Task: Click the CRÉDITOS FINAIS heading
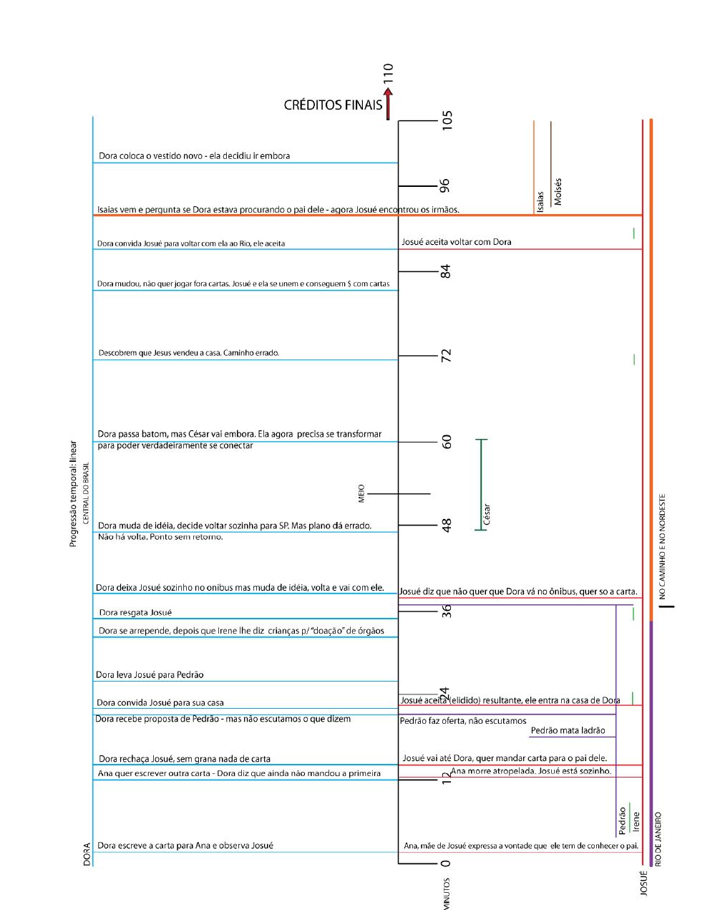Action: pyautogui.click(x=333, y=105)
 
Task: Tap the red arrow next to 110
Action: pyautogui.click(x=388, y=104)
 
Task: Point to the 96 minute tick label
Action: pyautogui.click(x=444, y=185)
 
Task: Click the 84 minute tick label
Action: pyautogui.click(x=446, y=271)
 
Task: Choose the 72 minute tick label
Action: pyautogui.click(x=447, y=355)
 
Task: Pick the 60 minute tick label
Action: pyautogui.click(x=447, y=442)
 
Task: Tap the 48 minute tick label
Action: pyautogui.click(x=447, y=525)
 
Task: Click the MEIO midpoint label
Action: pyautogui.click(x=361, y=493)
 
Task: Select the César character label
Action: pyautogui.click(x=487, y=515)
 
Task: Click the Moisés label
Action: pyautogui.click(x=558, y=192)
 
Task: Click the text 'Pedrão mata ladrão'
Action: pyautogui.click(x=568, y=730)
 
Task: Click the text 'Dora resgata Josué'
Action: pyautogui.click(x=135, y=613)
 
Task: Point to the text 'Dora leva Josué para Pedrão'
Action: pyautogui.click(x=150, y=674)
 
